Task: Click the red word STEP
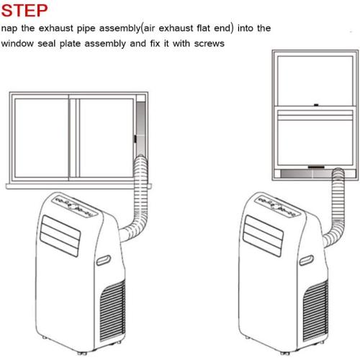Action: [x=24, y=10]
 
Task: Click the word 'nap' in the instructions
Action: [x=9, y=29]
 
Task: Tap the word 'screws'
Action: [x=209, y=44]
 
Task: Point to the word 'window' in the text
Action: [x=17, y=43]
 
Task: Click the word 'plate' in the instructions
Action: [x=70, y=44]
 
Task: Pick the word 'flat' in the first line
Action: [x=203, y=28]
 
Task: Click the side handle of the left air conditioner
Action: [x=104, y=260]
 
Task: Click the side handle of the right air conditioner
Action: [x=307, y=260]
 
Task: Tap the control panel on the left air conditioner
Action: [x=74, y=204]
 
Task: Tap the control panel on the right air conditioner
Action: [x=277, y=204]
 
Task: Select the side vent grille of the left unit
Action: [x=112, y=310]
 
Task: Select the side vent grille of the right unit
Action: [x=315, y=310]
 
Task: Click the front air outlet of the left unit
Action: [x=60, y=235]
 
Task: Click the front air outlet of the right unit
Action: [x=263, y=235]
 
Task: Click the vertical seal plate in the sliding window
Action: [x=141, y=130]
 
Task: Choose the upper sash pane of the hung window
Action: [x=315, y=81]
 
